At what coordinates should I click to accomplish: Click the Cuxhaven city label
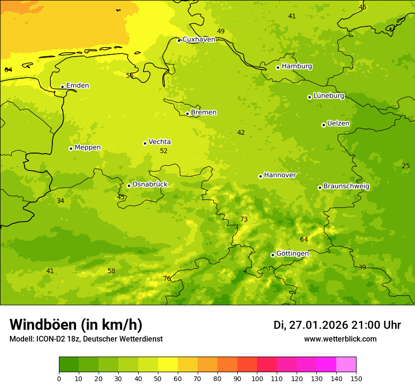(x=199, y=40)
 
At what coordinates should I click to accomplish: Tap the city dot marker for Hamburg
(x=278, y=67)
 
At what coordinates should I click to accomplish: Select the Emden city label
(x=77, y=86)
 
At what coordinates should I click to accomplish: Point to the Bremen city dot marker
(x=187, y=114)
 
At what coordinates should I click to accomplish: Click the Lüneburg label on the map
(x=329, y=96)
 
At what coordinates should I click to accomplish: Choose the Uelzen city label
(x=338, y=124)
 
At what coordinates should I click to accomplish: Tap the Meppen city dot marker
(x=71, y=148)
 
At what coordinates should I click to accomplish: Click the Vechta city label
(x=159, y=142)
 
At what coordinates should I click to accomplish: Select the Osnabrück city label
(x=150, y=185)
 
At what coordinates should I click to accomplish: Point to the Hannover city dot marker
(x=260, y=176)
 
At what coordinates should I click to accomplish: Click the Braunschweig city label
(x=346, y=187)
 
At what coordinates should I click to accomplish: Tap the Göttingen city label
(x=292, y=254)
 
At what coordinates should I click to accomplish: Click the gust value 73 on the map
(x=244, y=220)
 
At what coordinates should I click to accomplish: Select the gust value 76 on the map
(x=167, y=279)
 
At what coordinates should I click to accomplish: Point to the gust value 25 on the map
(x=406, y=166)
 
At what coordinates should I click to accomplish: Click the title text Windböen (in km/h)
(x=76, y=325)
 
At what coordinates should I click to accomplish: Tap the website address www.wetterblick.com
(x=340, y=339)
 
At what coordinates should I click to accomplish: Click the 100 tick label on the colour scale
(x=257, y=378)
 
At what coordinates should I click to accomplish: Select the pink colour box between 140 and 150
(x=346, y=364)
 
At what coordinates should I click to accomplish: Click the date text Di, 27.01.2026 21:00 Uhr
(x=337, y=325)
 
